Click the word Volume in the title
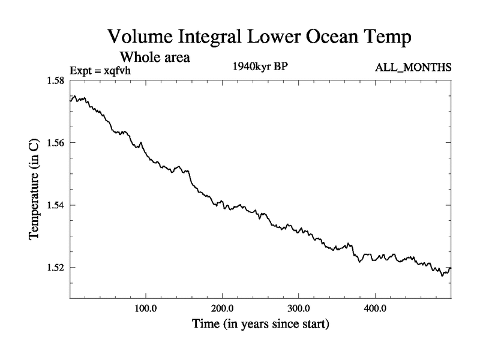(x=140, y=37)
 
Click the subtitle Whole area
(x=155, y=58)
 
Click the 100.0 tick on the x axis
(x=146, y=308)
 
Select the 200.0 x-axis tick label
(x=223, y=308)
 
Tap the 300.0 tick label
(x=298, y=308)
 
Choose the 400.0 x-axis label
(x=375, y=308)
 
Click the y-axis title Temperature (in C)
(x=35, y=190)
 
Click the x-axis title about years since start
(x=260, y=325)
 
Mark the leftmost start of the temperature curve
(x=70, y=100)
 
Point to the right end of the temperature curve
(x=451, y=268)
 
